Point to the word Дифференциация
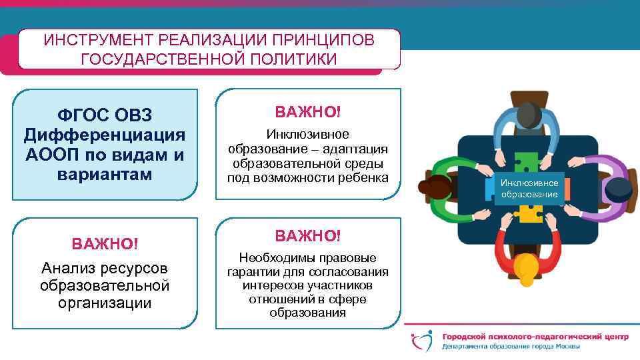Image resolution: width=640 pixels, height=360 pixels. click(x=105, y=135)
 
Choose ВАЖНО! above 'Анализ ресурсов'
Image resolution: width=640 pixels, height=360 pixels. click(x=105, y=243)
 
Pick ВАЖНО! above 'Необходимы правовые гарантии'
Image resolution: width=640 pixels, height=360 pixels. click(x=308, y=235)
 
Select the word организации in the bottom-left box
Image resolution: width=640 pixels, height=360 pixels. click(x=105, y=303)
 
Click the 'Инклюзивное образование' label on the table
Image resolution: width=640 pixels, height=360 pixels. click(x=529, y=188)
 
